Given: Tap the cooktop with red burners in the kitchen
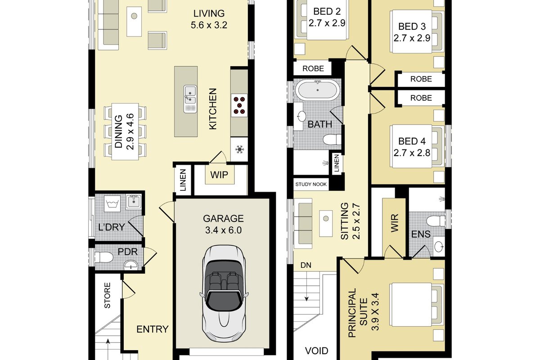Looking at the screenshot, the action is (239, 105).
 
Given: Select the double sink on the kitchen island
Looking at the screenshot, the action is (190, 99).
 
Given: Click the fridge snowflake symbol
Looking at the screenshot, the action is (239, 149).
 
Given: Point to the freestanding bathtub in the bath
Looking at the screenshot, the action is (318, 90).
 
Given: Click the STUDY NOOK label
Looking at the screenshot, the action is (311, 184).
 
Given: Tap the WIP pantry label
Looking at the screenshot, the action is (219, 175).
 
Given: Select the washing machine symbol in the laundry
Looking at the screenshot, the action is (112, 204).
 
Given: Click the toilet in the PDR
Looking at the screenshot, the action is (104, 257).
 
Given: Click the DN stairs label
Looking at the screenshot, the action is (306, 265).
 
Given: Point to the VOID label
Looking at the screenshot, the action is (316, 351).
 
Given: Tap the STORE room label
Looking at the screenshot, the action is (107, 295).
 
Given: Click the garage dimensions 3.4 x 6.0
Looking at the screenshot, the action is (224, 230).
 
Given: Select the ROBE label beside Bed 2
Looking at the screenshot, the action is (313, 69).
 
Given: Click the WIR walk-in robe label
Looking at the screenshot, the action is (394, 223).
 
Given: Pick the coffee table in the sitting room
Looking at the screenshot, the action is (326, 223).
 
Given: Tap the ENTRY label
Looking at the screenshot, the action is (153, 329).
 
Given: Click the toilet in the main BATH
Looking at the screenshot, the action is (332, 139).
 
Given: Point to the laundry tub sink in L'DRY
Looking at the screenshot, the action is (134, 202).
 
